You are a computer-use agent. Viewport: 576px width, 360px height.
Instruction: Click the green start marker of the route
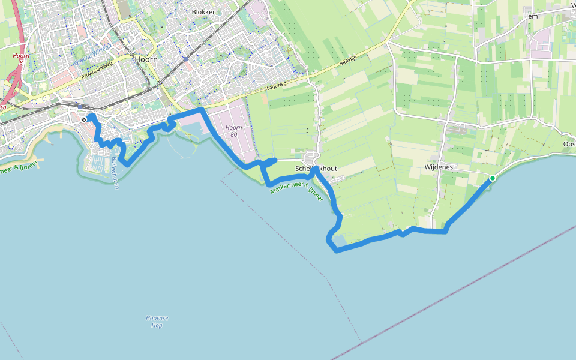[x=493, y=178]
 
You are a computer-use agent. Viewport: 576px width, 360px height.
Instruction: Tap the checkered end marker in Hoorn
[x=83, y=119]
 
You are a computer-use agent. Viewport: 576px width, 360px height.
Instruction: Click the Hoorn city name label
[x=147, y=60]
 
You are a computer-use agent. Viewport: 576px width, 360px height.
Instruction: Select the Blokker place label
[x=203, y=12]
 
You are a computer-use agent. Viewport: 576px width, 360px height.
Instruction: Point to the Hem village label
[x=530, y=16]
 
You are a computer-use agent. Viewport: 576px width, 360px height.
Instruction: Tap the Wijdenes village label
[x=439, y=167]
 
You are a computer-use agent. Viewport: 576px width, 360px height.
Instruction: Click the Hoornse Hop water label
[x=157, y=321]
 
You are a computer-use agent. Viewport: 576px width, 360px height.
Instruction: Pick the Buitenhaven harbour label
[x=114, y=174]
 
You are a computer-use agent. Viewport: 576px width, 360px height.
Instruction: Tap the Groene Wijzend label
[x=94, y=54]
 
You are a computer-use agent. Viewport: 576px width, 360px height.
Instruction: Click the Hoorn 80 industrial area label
[x=234, y=131]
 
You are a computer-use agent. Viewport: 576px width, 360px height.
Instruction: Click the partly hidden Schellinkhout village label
[x=316, y=169]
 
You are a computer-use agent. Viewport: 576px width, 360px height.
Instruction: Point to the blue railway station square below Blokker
[x=187, y=59]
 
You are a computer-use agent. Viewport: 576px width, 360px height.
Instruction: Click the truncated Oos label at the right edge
[x=569, y=144]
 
